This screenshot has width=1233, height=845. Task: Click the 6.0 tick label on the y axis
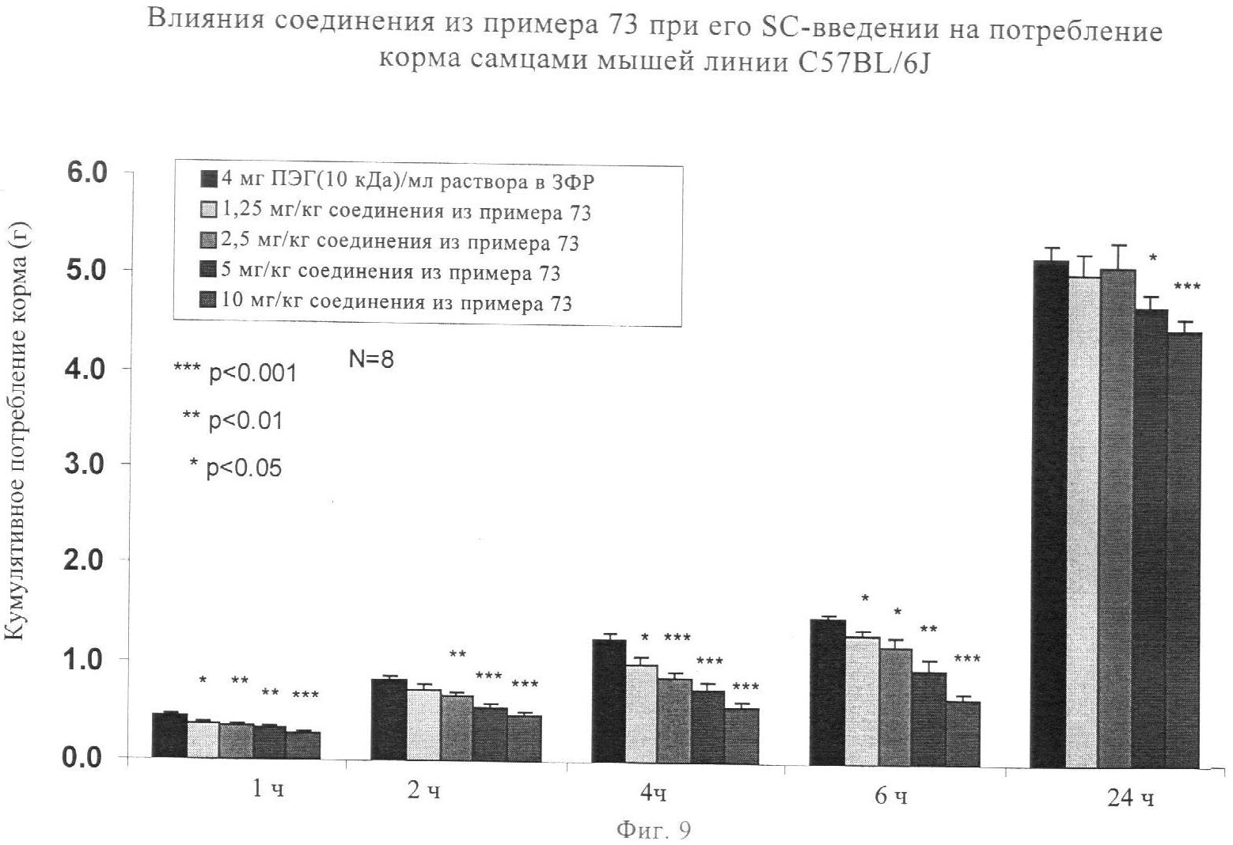(x=85, y=173)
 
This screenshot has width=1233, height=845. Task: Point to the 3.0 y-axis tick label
(x=85, y=464)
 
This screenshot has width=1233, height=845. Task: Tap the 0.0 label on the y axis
(x=85, y=757)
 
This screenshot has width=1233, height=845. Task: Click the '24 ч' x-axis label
(x=1131, y=799)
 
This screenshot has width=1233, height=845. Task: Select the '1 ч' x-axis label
(x=267, y=790)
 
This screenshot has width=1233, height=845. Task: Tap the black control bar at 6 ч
(x=827, y=692)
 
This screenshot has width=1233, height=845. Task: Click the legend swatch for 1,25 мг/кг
(x=210, y=211)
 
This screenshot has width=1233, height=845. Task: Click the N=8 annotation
(x=371, y=359)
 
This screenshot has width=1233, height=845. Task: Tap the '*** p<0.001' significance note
(x=235, y=372)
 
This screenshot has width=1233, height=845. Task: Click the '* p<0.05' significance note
(x=235, y=468)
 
